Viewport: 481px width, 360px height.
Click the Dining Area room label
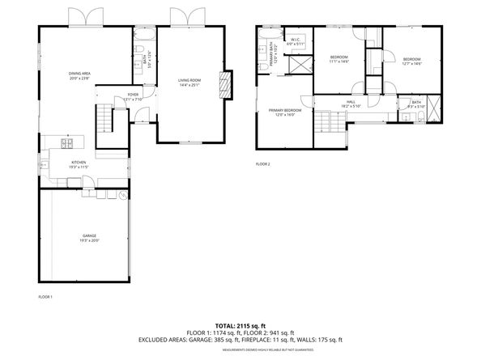coord(79,75)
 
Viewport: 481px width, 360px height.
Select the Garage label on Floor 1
coord(88,237)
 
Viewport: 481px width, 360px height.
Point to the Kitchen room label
coord(79,163)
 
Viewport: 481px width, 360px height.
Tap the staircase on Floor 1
coord(104,121)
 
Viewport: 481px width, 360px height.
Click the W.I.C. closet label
coord(296,40)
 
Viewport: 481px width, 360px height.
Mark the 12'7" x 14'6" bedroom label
coord(412,61)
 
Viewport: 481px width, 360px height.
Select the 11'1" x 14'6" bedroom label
coord(339,59)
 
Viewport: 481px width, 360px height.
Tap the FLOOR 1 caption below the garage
coord(45,298)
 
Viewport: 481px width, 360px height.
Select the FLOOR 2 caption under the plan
coord(263,164)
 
